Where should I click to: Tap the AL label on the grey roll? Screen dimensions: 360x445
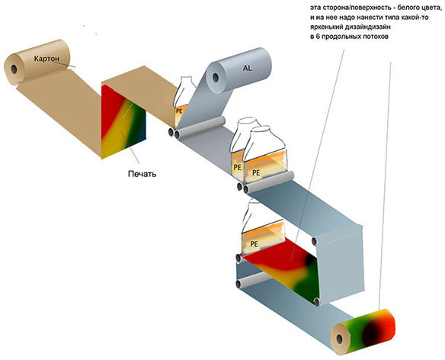(248, 67)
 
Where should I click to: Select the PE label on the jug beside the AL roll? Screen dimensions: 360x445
(180, 111)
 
